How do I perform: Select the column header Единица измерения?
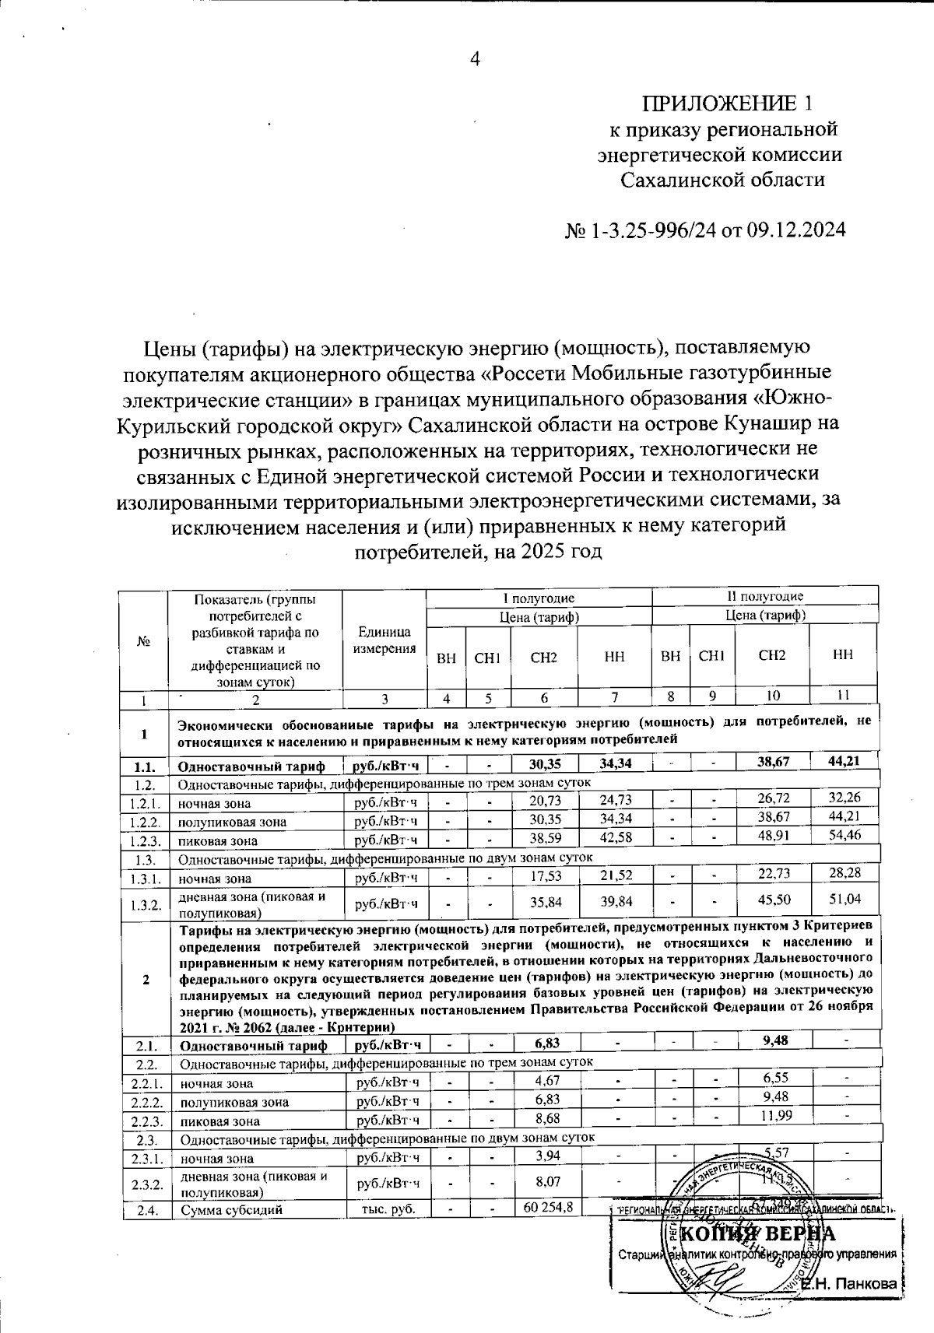(x=384, y=640)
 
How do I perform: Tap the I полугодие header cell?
(x=538, y=597)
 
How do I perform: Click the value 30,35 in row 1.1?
(x=545, y=763)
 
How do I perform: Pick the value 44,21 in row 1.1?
(x=844, y=761)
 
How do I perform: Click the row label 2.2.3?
(x=146, y=1121)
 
